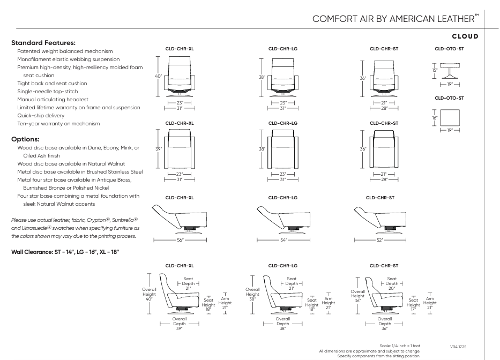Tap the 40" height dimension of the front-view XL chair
pos(158,77)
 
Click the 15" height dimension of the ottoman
pos(435,70)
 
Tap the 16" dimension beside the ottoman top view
pos(435,117)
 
